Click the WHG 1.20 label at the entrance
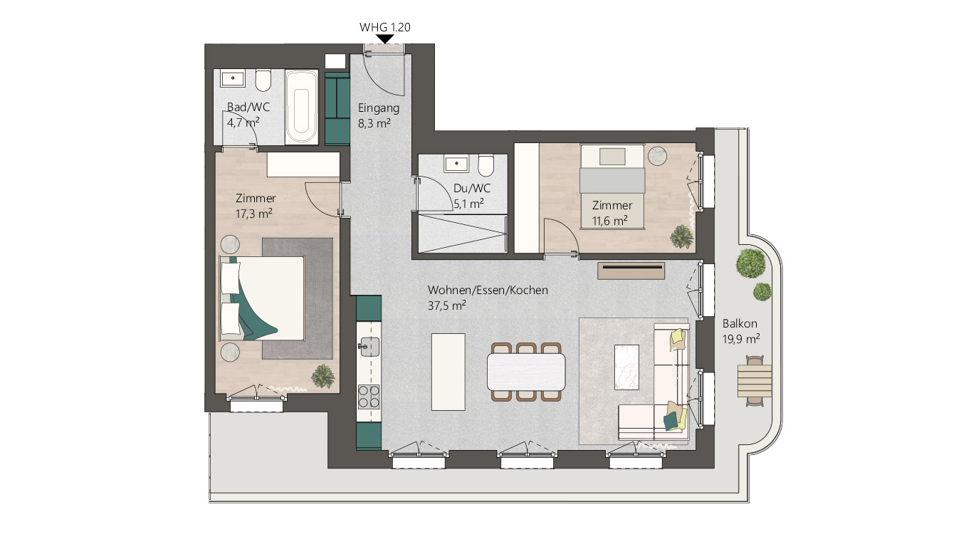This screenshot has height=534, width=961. click(385, 27)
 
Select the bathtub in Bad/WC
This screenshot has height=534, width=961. click(302, 107)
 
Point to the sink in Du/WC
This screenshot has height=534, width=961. click(456, 164)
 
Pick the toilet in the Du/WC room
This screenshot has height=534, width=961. click(487, 165)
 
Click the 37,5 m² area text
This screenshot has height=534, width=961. click(447, 305)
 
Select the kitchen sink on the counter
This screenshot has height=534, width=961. click(368, 347)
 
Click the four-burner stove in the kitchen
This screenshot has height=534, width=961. click(368, 396)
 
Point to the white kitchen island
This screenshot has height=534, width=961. click(448, 371)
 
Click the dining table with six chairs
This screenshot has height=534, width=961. click(526, 371)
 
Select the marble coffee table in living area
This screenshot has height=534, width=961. click(628, 366)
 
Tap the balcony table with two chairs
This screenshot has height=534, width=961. click(754, 381)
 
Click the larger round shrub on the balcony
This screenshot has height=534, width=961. click(751, 263)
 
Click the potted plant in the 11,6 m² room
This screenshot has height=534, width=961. click(682, 236)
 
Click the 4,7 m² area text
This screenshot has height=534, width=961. click(243, 122)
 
